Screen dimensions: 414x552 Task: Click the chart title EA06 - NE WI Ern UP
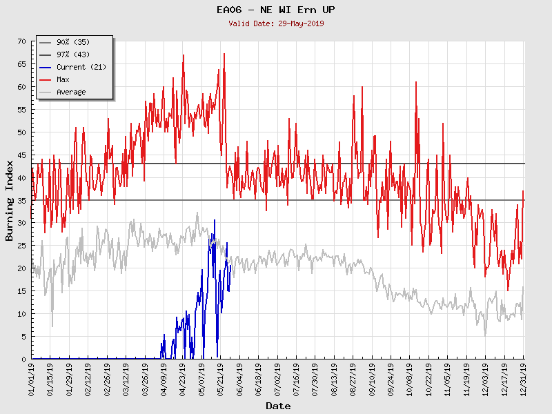click(276, 10)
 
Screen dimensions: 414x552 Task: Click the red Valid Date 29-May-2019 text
click(276, 23)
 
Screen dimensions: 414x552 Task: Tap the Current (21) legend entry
click(81, 68)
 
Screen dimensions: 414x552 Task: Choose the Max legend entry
click(63, 80)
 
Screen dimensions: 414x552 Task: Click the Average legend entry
click(71, 92)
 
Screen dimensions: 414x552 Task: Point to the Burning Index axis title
click(10, 200)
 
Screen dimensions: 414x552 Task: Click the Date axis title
click(278, 406)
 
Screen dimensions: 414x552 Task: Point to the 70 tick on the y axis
click(21, 42)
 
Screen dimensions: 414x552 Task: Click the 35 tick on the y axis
click(21, 201)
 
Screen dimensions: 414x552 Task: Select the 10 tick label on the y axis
click(21, 314)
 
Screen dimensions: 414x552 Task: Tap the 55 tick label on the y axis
click(21, 110)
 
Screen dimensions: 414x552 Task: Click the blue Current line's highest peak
click(215, 220)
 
